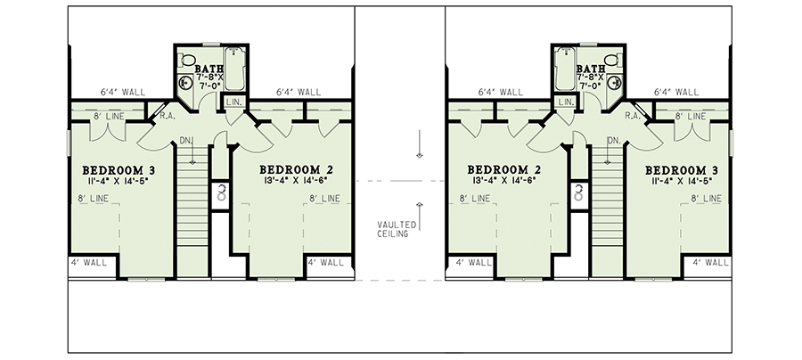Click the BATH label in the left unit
pyautogui.click(x=209, y=67)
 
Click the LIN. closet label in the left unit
pyautogui.click(x=234, y=103)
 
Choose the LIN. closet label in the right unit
pyautogui.click(x=567, y=103)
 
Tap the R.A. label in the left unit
pyautogui.click(x=166, y=116)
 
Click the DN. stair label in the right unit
pyautogui.click(x=614, y=140)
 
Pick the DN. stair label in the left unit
pyautogui.click(x=186, y=140)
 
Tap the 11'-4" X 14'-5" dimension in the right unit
pyautogui.click(x=682, y=181)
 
